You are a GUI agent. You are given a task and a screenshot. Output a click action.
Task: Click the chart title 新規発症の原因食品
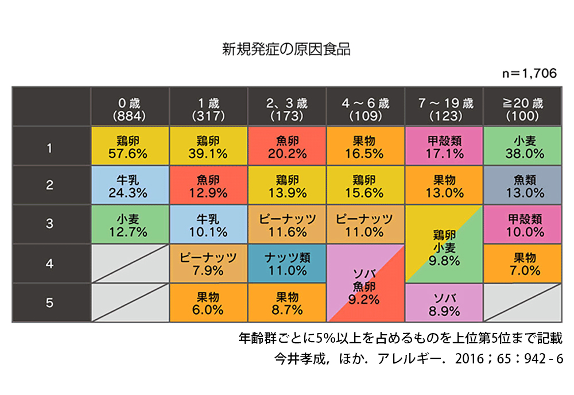tap(286, 49)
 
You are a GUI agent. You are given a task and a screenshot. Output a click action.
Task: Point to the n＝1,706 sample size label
tap(529, 74)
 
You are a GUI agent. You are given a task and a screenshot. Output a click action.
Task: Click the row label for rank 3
tap(50, 224)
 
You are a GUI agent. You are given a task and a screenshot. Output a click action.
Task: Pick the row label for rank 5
tap(50, 303)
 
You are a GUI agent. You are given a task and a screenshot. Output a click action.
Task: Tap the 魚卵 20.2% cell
tap(287, 146)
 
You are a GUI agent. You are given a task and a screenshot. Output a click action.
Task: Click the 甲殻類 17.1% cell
tap(444, 146)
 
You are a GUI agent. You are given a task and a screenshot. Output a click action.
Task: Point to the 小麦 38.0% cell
tap(522, 146)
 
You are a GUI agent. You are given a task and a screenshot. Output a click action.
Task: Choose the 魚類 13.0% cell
tap(522, 185)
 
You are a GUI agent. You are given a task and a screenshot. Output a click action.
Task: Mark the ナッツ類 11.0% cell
tap(287, 264)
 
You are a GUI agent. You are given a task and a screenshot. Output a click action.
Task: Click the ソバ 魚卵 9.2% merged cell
tap(366, 284)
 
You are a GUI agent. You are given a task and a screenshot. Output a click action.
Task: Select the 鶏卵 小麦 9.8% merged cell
tap(444, 245)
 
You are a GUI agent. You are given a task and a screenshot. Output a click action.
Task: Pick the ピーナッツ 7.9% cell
tap(208, 264)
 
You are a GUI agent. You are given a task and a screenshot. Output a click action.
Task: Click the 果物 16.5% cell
tap(366, 146)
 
